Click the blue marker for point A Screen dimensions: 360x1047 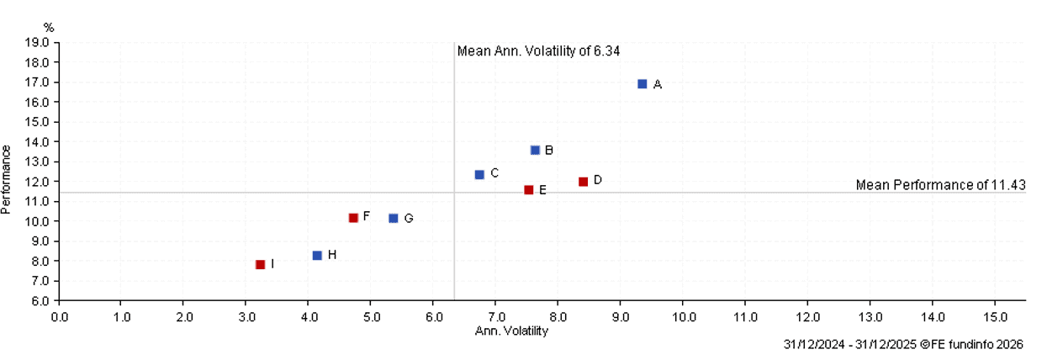pyautogui.click(x=642, y=84)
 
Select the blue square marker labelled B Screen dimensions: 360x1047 pyautogui.click(x=535, y=151)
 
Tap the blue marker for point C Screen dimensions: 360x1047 pyautogui.click(x=479, y=174)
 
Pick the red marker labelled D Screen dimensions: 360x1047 pyautogui.click(x=583, y=181)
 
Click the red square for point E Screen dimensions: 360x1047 pyautogui.click(x=528, y=190)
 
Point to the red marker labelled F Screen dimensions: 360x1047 pyautogui.click(x=353, y=218)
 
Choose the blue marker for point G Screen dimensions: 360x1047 pyautogui.click(x=394, y=219)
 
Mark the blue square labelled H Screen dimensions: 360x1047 pyautogui.click(x=317, y=255)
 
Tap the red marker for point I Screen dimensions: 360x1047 pyautogui.click(x=261, y=264)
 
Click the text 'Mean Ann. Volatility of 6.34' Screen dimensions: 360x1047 pyautogui.click(x=538, y=51)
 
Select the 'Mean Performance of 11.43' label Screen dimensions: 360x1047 pyautogui.click(x=940, y=185)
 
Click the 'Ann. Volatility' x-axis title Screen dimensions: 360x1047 pyautogui.click(x=512, y=331)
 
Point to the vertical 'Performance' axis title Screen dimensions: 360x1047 pyautogui.click(x=8, y=179)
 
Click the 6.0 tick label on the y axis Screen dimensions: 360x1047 pyautogui.click(x=40, y=300)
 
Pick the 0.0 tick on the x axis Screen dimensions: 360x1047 pyautogui.click(x=59, y=317)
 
